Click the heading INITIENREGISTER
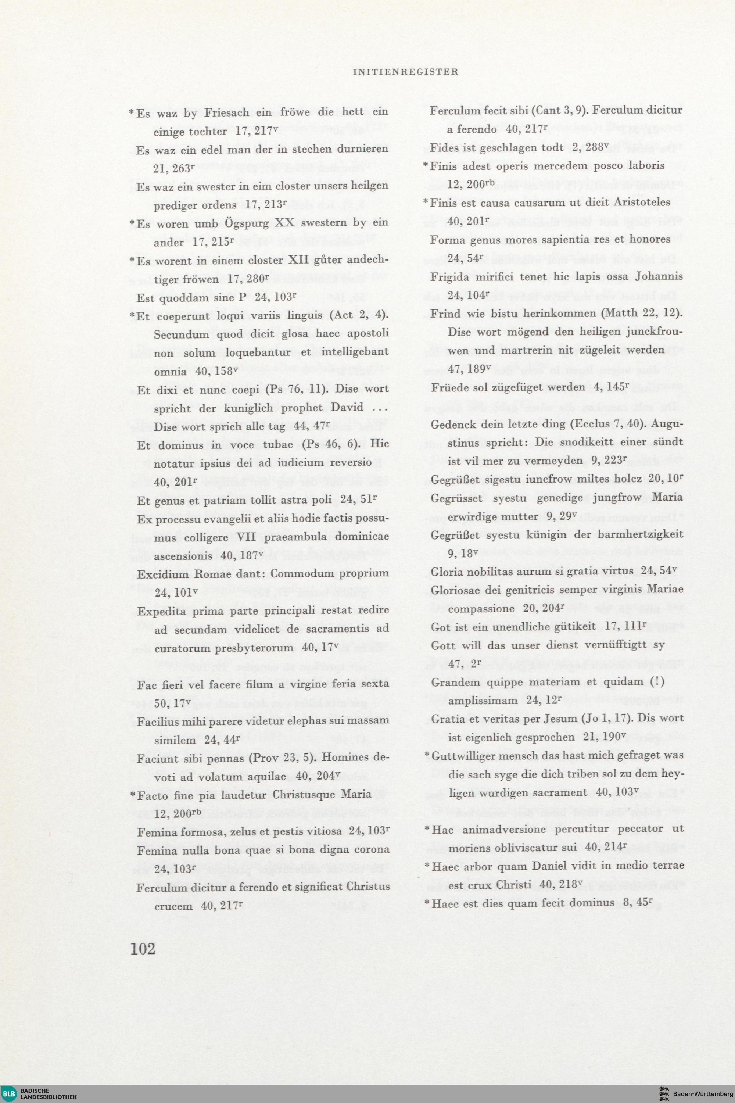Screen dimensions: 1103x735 [405, 72]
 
